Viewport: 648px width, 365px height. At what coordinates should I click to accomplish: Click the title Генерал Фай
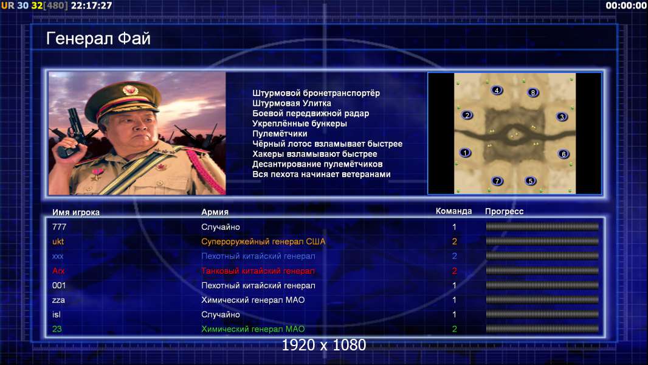pos(98,38)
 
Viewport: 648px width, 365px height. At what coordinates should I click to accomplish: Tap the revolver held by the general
pos(71,132)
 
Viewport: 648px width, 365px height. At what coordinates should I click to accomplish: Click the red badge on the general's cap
pos(129,90)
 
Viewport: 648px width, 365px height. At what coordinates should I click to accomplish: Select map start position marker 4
pos(497,90)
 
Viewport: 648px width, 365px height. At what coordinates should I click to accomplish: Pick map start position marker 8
pos(533,92)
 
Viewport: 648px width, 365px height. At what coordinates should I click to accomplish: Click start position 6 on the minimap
pos(564,154)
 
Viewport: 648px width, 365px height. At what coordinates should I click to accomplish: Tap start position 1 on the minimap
pos(465,153)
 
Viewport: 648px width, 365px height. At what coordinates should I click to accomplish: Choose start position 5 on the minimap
pos(531,181)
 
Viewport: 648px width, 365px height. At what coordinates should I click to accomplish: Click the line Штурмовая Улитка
pos(292,103)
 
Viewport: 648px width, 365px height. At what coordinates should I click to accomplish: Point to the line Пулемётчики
pos(280,134)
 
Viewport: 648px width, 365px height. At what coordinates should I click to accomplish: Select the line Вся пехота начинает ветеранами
pos(322,174)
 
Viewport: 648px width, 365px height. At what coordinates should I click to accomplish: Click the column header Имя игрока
pos(75,212)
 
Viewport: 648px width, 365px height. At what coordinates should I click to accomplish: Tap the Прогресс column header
pos(504,211)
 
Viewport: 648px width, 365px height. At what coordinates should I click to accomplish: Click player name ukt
pos(58,242)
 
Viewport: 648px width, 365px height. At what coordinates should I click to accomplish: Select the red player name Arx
pos(58,271)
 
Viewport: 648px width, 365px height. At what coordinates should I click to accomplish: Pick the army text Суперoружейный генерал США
pos(263,242)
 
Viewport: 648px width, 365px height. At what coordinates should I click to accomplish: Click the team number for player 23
pos(454,329)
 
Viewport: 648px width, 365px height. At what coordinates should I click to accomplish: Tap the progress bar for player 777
pos(542,226)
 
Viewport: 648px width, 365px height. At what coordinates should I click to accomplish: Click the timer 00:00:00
pos(626,5)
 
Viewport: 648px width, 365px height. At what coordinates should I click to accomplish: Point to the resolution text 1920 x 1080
pos(323,345)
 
